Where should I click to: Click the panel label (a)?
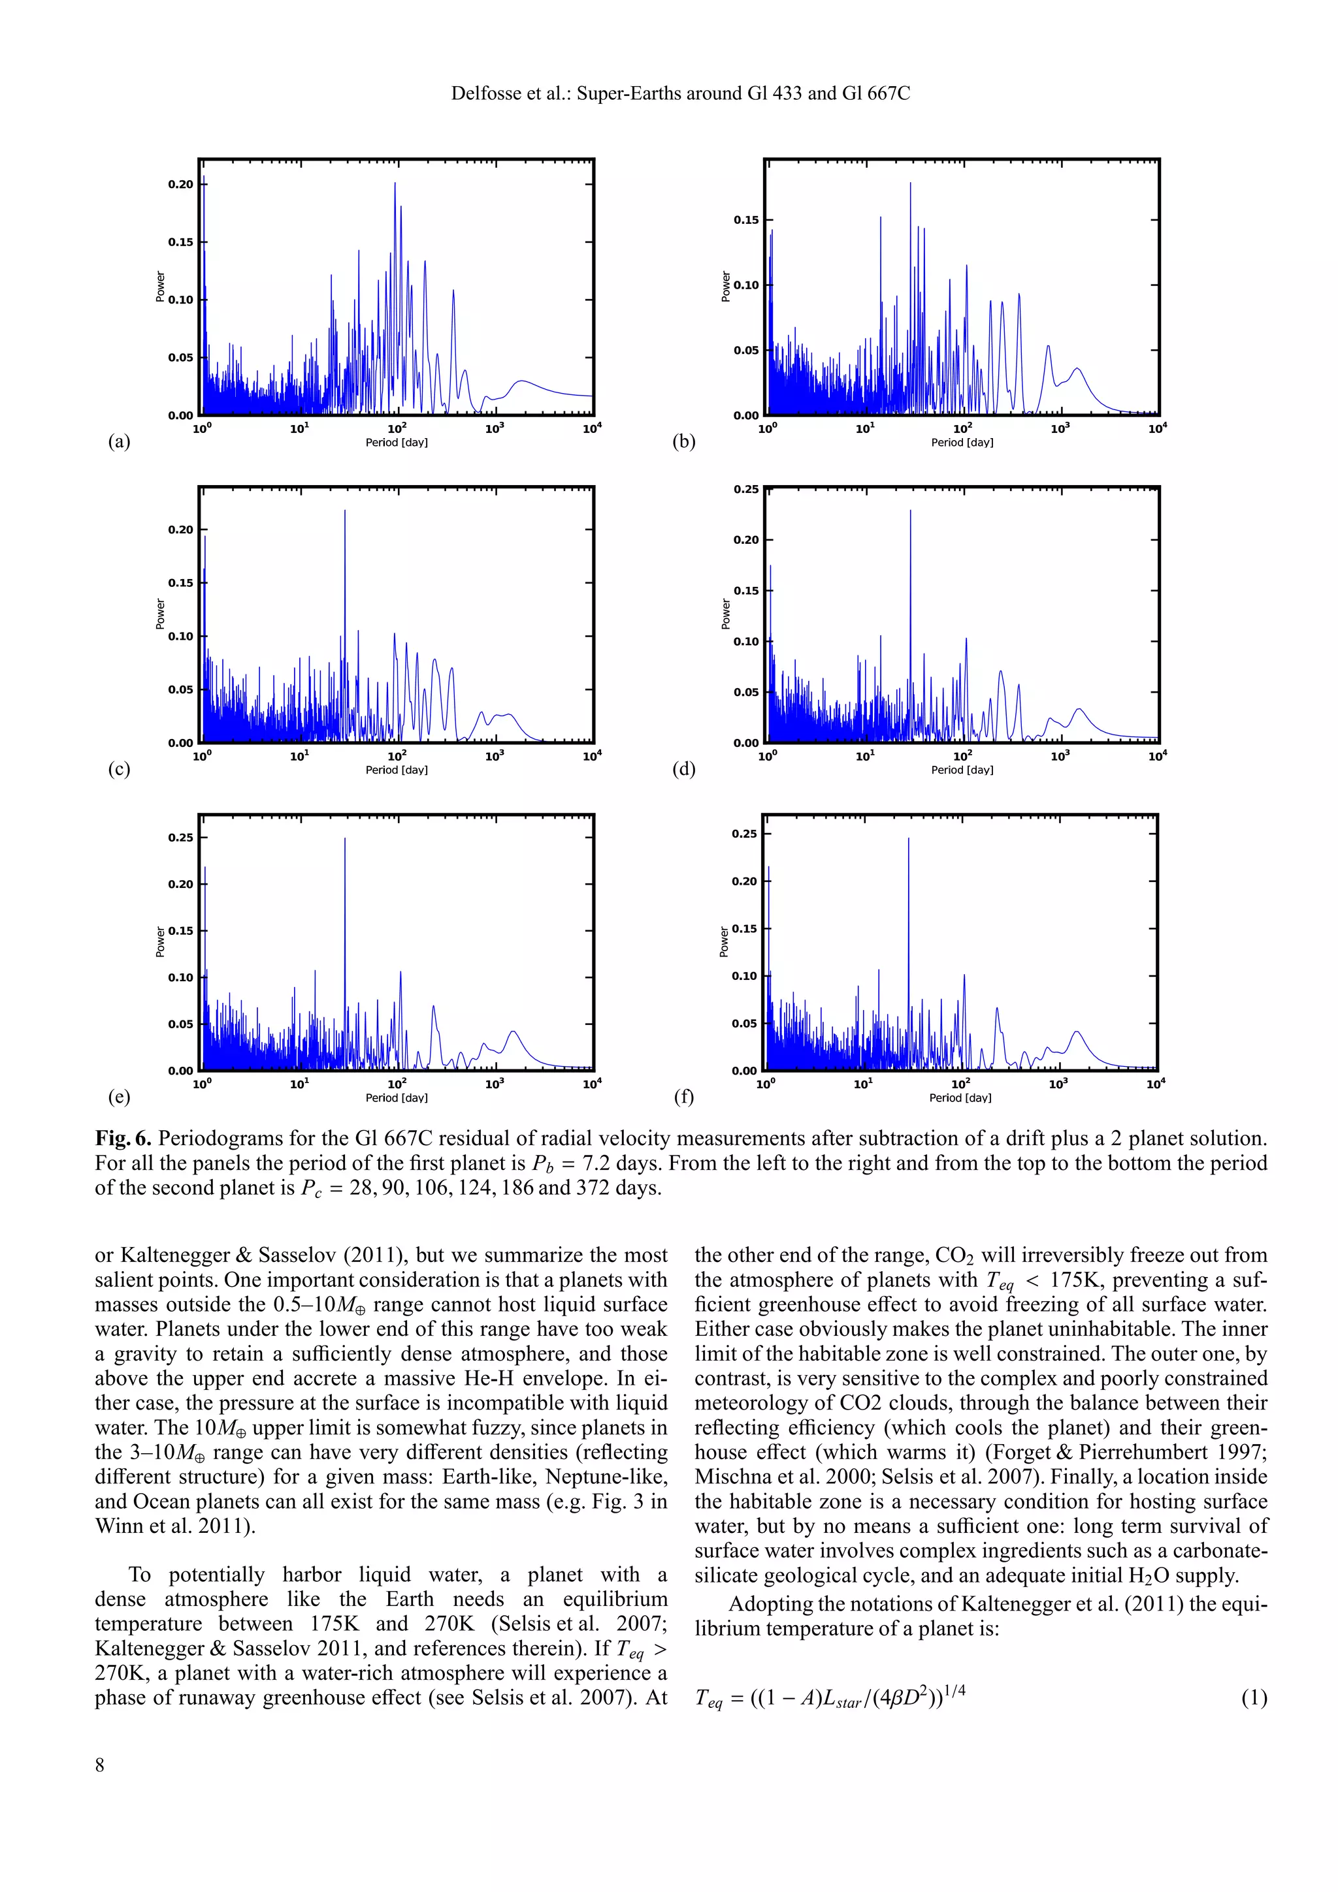click(119, 442)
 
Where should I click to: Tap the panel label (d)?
click(683, 769)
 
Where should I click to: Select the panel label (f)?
click(683, 1097)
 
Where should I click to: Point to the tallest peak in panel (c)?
click(344, 512)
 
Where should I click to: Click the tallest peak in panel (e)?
click(344, 840)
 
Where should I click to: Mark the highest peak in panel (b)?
click(910, 185)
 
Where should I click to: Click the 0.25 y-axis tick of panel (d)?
click(745, 490)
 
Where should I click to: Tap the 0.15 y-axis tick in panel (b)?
click(745, 220)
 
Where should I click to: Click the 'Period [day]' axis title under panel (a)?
click(397, 443)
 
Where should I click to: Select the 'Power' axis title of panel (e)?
click(160, 942)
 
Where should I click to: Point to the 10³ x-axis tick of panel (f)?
click(1058, 1084)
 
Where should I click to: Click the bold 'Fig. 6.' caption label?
click(123, 1139)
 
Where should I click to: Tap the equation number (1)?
click(1253, 1697)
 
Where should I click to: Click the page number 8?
click(100, 1764)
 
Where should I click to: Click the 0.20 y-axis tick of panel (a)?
click(180, 185)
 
